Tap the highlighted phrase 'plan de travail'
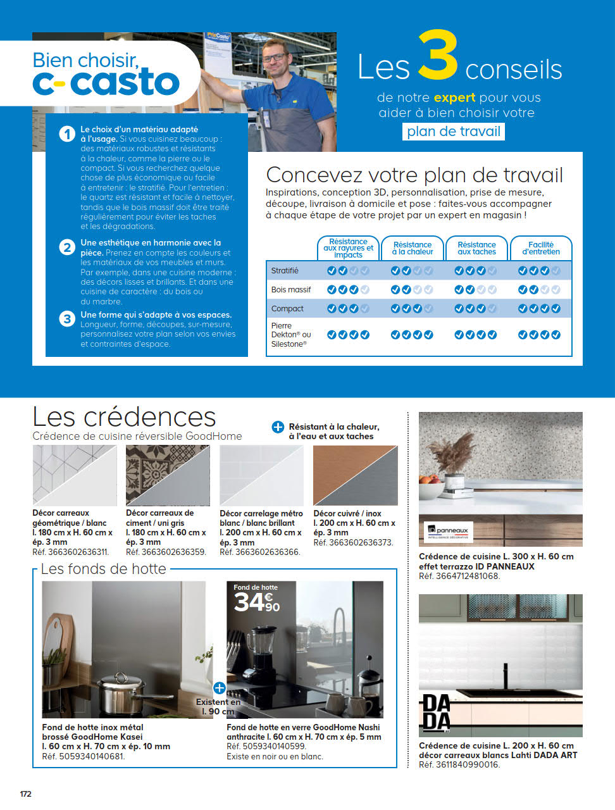tap(454, 132)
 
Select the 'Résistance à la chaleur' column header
tap(413, 248)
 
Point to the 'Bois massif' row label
tap(291, 290)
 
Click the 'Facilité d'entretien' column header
tap(541, 248)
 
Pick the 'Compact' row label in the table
tap(287, 309)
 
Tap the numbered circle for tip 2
tap(67, 247)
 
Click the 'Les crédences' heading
tap(124, 417)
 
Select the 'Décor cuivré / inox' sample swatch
tap(356, 475)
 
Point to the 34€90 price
tap(256, 602)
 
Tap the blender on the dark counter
tap(258, 652)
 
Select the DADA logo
tap(436, 712)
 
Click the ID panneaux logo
tap(449, 532)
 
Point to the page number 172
tap(26, 794)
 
